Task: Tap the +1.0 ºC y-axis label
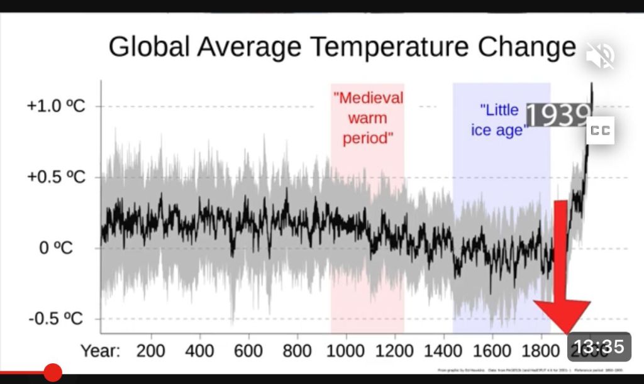pyautogui.click(x=56, y=106)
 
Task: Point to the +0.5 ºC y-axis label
pyautogui.click(x=56, y=177)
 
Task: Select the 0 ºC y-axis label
pyautogui.click(x=56, y=248)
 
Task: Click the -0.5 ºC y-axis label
pyautogui.click(x=56, y=319)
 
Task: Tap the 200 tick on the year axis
pyautogui.click(x=151, y=350)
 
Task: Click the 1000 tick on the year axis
pyautogui.click(x=345, y=350)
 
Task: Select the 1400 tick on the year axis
pyautogui.click(x=442, y=350)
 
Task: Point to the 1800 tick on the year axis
pyautogui.click(x=540, y=350)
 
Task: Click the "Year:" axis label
pyautogui.click(x=101, y=350)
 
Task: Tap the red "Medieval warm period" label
pyautogui.click(x=368, y=118)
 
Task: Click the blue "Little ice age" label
pyautogui.click(x=497, y=120)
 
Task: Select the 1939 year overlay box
pyautogui.click(x=558, y=115)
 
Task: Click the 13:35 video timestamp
pyautogui.click(x=599, y=346)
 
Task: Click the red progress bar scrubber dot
pyautogui.click(x=53, y=373)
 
